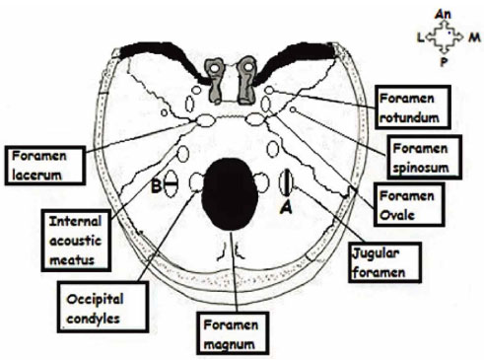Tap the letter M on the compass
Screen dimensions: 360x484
[474, 37]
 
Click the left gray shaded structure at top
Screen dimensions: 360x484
[213, 70]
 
